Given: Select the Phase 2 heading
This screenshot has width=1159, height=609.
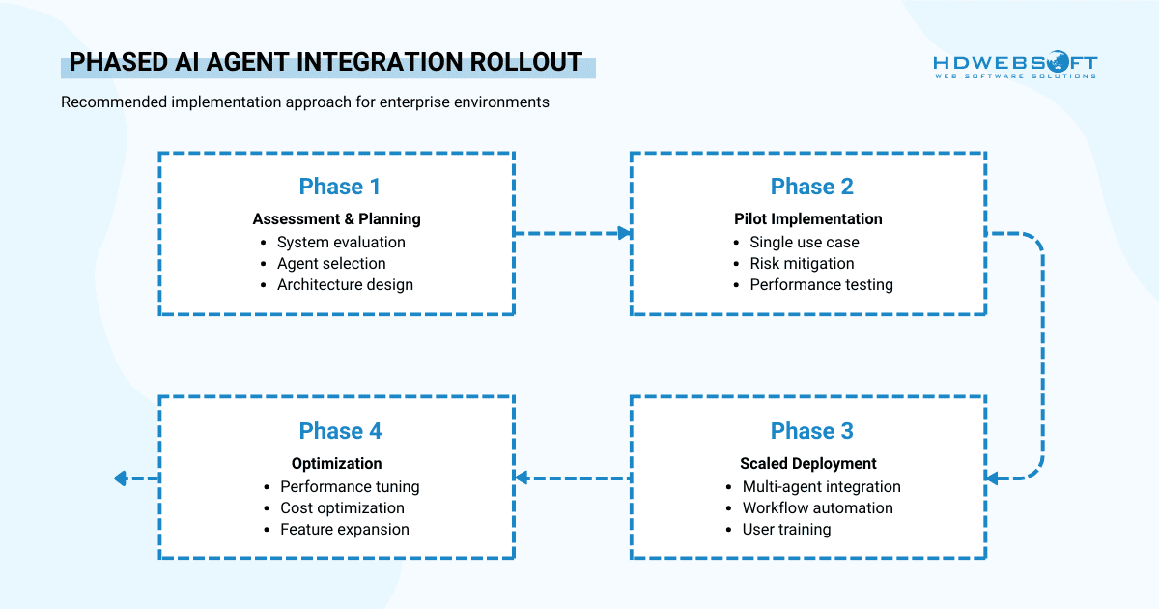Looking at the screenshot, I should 811,187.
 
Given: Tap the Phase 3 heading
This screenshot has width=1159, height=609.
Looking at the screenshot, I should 811,431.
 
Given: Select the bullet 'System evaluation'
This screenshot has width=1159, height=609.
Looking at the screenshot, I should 341,242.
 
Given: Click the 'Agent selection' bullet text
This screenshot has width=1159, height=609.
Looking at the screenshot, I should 331,263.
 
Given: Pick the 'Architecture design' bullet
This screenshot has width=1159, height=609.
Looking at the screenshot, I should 345,284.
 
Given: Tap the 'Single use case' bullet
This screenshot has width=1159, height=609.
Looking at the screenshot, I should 804,242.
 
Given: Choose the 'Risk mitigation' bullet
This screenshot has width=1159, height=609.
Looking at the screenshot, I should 802,263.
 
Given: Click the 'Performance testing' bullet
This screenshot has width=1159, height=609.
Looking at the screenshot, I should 821,284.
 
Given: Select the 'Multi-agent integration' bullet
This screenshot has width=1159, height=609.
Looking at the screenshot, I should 821,486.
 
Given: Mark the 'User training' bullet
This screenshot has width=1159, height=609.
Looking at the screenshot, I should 786,529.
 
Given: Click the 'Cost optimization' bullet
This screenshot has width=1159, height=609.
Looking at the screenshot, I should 342,507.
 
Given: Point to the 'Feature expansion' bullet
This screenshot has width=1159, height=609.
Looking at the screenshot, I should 345,529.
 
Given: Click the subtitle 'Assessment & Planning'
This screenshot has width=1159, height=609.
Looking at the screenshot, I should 336,218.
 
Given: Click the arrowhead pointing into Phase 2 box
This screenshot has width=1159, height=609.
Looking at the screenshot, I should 624,233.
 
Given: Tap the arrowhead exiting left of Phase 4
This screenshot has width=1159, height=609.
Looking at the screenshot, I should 121,478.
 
